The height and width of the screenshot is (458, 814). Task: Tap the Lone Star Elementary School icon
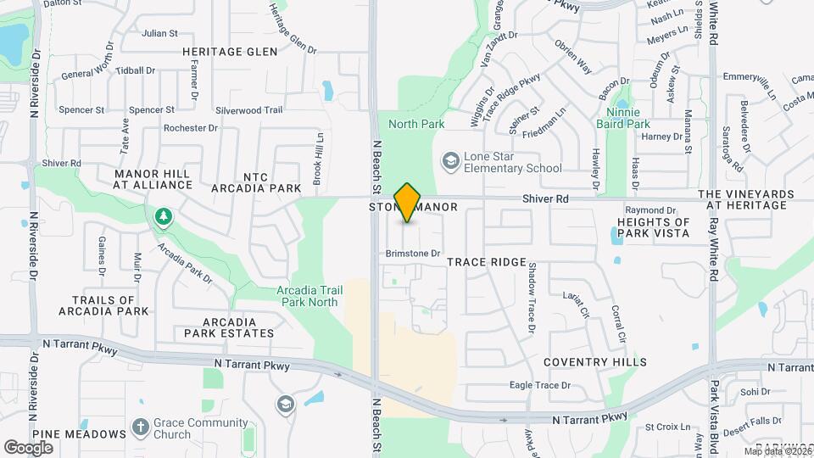[450, 160]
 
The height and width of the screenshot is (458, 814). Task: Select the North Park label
[416, 124]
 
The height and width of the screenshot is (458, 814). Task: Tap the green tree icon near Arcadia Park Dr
[162, 217]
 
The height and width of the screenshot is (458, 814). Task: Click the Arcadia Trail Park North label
[309, 296]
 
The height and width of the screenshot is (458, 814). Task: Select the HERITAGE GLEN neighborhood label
[230, 52]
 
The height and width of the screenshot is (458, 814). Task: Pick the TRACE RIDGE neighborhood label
[487, 263]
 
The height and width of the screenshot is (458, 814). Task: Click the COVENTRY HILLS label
[595, 362]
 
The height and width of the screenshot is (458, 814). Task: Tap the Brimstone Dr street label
[414, 253]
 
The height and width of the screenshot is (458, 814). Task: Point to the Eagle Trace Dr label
[540, 385]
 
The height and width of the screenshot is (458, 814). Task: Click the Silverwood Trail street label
[248, 110]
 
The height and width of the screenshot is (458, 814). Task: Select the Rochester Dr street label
[190, 128]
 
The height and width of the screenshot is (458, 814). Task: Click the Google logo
[28, 447]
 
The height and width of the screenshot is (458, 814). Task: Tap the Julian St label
[160, 34]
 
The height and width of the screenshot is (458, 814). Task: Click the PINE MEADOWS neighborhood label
[79, 434]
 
